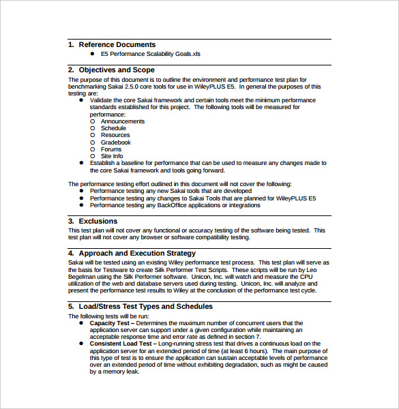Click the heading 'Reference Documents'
click(x=117, y=44)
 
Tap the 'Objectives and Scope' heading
click(x=116, y=70)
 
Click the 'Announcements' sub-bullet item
click(x=123, y=121)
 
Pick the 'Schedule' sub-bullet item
click(x=113, y=128)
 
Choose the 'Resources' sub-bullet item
click(x=115, y=135)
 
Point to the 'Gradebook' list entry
click(x=116, y=142)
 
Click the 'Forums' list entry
click(x=111, y=149)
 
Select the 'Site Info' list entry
click(x=112, y=156)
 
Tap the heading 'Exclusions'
click(x=98, y=221)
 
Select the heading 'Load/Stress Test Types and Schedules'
click(x=145, y=306)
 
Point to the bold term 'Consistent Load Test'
click(x=121, y=344)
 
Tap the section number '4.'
click(x=71, y=253)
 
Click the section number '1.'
click(x=71, y=44)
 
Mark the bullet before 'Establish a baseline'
click(x=82, y=163)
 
